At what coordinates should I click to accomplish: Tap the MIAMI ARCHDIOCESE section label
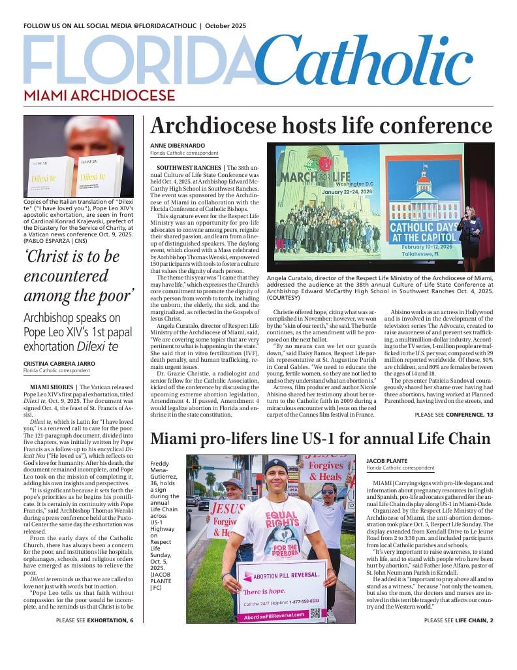99,96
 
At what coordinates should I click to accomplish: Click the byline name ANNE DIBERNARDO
178,145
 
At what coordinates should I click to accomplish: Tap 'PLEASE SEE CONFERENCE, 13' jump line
454,415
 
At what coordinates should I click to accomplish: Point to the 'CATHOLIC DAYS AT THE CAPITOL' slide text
420,232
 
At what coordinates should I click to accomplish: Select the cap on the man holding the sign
275,466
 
